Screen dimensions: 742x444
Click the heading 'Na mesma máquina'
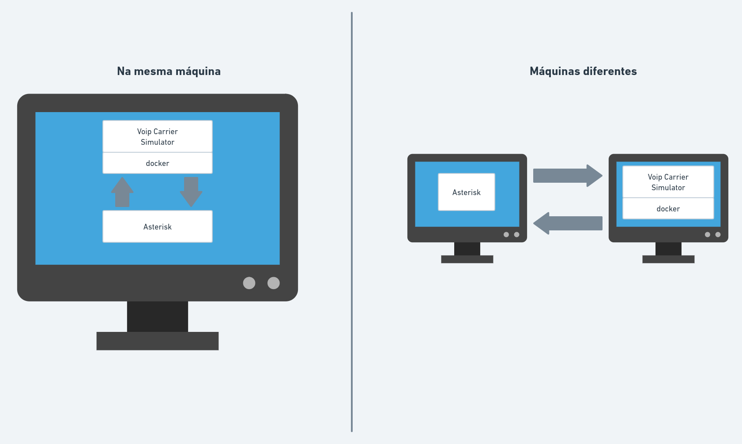pyautogui.click(x=169, y=71)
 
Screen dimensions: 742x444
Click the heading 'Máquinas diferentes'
pyautogui.click(x=583, y=71)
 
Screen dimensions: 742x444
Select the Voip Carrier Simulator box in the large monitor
pyautogui.click(x=158, y=137)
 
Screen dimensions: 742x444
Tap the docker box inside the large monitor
pyautogui.click(x=158, y=163)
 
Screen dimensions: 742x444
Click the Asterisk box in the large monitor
pyautogui.click(x=158, y=227)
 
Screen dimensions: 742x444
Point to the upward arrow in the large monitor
pyautogui.click(x=122, y=192)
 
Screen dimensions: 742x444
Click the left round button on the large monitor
pyautogui.click(x=249, y=283)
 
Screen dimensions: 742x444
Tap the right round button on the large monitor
pyautogui.click(x=274, y=283)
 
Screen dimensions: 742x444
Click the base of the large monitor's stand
pyautogui.click(x=158, y=341)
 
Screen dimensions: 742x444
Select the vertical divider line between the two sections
pyautogui.click(x=352, y=221)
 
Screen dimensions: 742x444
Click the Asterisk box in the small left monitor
pyautogui.click(x=467, y=192)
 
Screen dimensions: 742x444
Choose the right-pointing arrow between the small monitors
pyautogui.click(x=568, y=176)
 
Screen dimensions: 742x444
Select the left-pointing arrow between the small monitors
pyautogui.click(x=568, y=223)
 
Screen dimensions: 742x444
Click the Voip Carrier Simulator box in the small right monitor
pyautogui.click(x=668, y=182)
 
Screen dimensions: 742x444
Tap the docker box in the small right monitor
pyautogui.click(x=668, y=209)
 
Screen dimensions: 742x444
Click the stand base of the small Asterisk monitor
pyautogui.click(x=467, y=260)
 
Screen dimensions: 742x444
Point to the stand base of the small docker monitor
pyautogui.click(x=668, y=260)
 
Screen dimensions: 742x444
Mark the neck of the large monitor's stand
pyautogui.click(x=158, y=316)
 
